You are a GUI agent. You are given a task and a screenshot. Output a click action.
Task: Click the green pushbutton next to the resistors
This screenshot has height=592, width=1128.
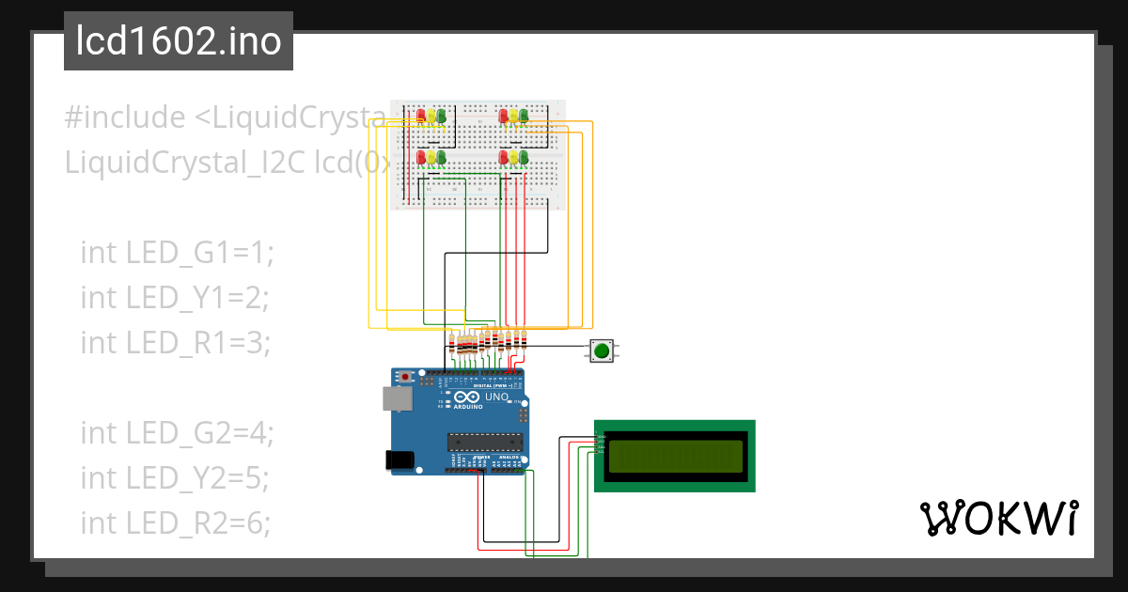point(601,351)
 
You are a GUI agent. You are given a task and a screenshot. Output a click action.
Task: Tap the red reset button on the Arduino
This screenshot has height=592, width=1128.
point(405,377)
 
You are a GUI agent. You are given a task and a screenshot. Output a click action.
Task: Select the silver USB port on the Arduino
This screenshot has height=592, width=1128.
point(398,398)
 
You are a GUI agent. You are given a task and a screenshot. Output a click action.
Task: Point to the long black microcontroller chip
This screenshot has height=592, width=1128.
point(484,442)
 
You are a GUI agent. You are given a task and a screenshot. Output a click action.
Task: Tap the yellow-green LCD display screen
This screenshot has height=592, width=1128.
point(674,456)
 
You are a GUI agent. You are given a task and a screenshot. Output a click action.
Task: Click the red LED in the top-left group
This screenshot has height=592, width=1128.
point(421,116)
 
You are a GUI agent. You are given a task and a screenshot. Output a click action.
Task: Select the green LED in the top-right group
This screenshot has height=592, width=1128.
point(524,116)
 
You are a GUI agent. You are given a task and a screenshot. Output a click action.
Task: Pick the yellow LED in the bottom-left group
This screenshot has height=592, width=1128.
point(431,157)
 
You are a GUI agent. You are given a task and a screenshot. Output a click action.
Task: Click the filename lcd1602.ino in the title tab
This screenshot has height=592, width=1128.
point(179,41)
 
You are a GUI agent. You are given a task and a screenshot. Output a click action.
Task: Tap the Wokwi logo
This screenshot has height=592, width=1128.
point(997,518)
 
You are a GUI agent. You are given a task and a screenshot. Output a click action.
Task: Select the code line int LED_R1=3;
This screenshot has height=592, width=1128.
point(175,342)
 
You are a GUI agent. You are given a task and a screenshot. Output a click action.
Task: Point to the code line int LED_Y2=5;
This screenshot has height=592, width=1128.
point(175,477)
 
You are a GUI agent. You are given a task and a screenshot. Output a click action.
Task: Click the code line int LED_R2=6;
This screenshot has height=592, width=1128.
point(175,522)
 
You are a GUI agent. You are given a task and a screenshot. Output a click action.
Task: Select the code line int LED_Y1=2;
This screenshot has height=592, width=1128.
point(175,297)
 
